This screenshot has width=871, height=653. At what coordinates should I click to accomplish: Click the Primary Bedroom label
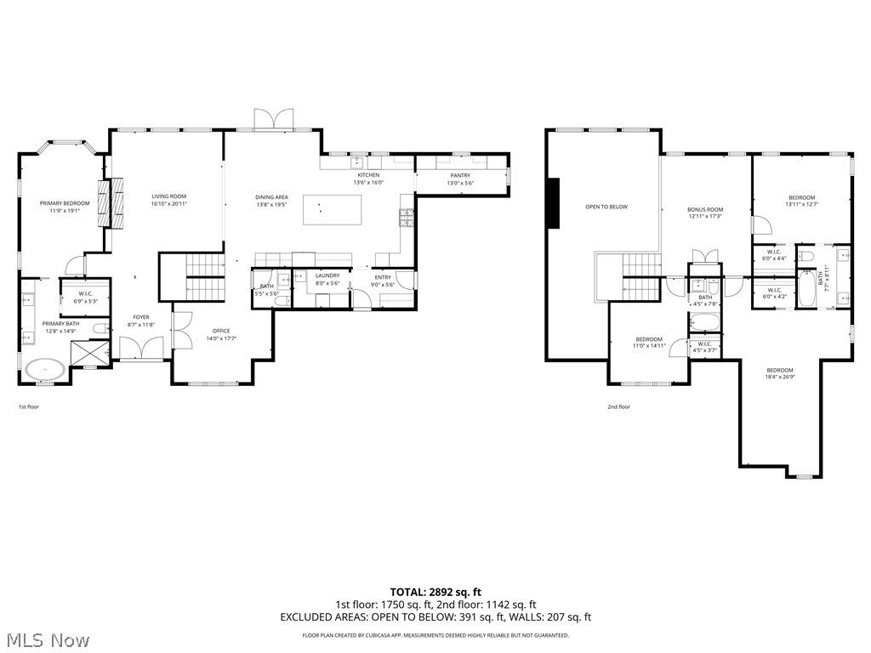point(65,203)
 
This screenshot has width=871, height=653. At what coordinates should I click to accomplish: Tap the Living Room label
point(168,196)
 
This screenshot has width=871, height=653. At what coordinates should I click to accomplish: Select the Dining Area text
point(271,197)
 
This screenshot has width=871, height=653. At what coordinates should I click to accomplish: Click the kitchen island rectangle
point(333,210)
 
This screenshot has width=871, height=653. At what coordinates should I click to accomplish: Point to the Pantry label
point(460,176)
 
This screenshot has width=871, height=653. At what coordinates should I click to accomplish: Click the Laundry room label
point(327,275)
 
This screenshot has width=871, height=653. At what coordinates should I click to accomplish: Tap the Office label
point(221,331)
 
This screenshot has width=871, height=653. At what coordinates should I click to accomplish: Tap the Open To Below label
point(606,207)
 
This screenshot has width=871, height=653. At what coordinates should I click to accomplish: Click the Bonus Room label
point(705,209)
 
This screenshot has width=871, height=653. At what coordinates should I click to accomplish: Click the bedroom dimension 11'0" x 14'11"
point(647,346)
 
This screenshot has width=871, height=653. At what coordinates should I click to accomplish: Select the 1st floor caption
point(29,406)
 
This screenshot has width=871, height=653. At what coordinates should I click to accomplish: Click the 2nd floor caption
point(618,406)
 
